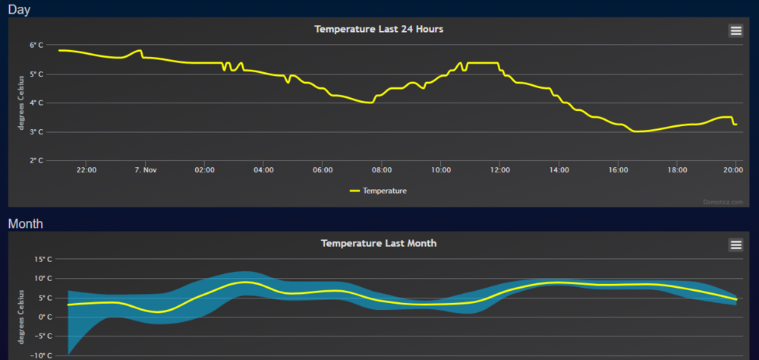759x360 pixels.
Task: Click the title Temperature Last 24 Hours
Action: pyautogui.click(x=379, y=29)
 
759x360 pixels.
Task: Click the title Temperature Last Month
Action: pyautogui.click(x=379, y=244)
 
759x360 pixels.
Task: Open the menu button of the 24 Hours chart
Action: pyautogui.click(x=735, y=30)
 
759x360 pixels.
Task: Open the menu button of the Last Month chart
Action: pyautogui.click(x=735, y=245)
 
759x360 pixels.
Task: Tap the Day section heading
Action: pyautogui.click(x=19, y=9)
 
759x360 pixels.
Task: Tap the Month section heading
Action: pyautogui.click(x=25, y=223)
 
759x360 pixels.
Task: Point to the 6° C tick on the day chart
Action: pyautogui.click(x=37, y=46)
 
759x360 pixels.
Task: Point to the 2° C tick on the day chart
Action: pyautogui.click(x=37, y=161)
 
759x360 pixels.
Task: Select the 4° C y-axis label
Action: pyautogui.click(x=37, y=103)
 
